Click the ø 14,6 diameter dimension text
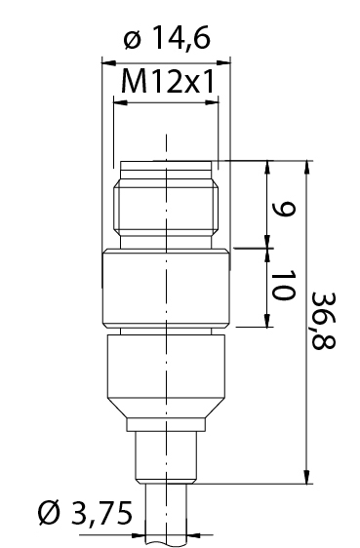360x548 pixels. pyautogui.click(x=167, y=38)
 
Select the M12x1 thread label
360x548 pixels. pyautogui.click(x=167, y=82)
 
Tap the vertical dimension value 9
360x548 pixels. pyautogui.click(x=284, y=210)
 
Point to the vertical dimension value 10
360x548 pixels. pyautogui.click(x=283, y=285)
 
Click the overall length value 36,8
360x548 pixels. pyautogui.click(x=324, y=321)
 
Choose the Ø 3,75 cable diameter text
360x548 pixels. pyautogui.click(x=85, y=513)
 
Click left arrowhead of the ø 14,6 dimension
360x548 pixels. pyautogui.click(x=108, y=63)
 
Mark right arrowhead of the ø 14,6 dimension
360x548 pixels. pyautogui.click(x=223, y=63)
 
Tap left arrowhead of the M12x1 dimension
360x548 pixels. pyautogui.click(x=121, y=102)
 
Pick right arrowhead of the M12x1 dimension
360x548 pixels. pyautogui.click(x=212, y=102)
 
